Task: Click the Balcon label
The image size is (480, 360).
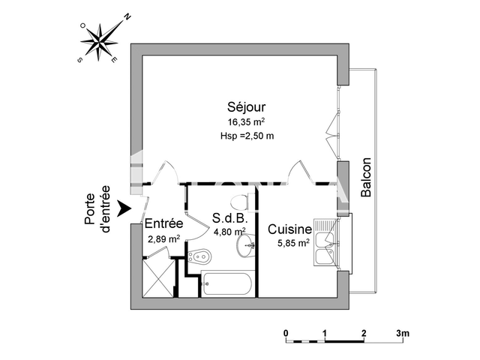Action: point(366,177)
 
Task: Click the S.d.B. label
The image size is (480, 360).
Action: point(228,218)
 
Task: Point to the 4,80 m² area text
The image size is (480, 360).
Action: point(228,232)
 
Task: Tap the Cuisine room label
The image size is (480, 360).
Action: point(289,229)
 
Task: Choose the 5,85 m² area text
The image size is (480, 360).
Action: point(289,243)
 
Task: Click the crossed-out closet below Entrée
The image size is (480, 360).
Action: point(156,277)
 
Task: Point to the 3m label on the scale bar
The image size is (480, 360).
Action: point(403,331)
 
